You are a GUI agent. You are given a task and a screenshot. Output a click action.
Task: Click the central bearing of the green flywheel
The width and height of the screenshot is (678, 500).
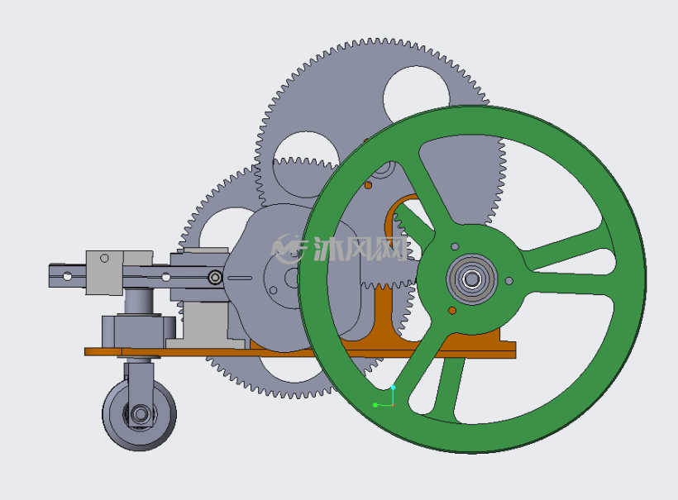[x=472, y=279]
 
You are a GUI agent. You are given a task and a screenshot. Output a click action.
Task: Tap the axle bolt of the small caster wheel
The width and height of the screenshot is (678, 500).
[x=141, y=414]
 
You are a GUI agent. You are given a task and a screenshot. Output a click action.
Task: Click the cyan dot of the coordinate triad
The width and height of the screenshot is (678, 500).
[x=393, y=388]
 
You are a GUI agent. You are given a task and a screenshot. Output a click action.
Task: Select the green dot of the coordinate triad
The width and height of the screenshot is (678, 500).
[x=375, y=405]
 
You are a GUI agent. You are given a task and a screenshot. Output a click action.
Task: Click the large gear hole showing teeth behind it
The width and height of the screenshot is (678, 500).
[x=306, y=164]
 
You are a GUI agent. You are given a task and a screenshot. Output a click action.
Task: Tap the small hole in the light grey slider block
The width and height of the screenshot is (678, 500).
[x=104, y=258]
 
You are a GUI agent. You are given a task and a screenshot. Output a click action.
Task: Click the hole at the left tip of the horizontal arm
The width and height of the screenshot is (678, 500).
[x=68, y=276]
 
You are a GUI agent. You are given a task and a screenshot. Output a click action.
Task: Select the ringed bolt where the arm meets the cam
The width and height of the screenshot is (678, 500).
[x=215, y=277]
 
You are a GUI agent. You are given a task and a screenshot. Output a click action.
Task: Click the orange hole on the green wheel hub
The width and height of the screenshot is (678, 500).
[x=452, y=310]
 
